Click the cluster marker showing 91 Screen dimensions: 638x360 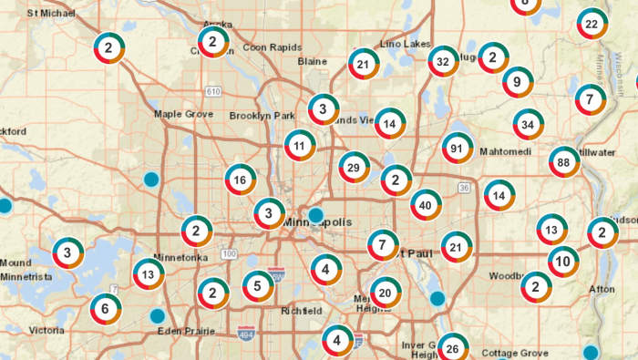[457, 148]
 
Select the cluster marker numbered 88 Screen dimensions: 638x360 [565, 162]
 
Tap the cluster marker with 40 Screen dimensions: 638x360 [426, 205]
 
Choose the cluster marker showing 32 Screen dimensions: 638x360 [444, 61]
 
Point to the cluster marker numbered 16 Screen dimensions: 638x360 [241, 180]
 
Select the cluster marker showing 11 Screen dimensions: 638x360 [300, 144]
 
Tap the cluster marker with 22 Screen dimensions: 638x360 [592, 24]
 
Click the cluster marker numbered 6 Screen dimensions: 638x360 [106, 309]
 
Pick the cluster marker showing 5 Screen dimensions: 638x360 [259, 286]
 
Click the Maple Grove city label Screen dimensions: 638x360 [182, 114]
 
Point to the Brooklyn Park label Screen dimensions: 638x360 [262, 116]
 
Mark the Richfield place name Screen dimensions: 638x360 [301, 311]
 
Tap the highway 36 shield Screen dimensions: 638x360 [464, 188]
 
